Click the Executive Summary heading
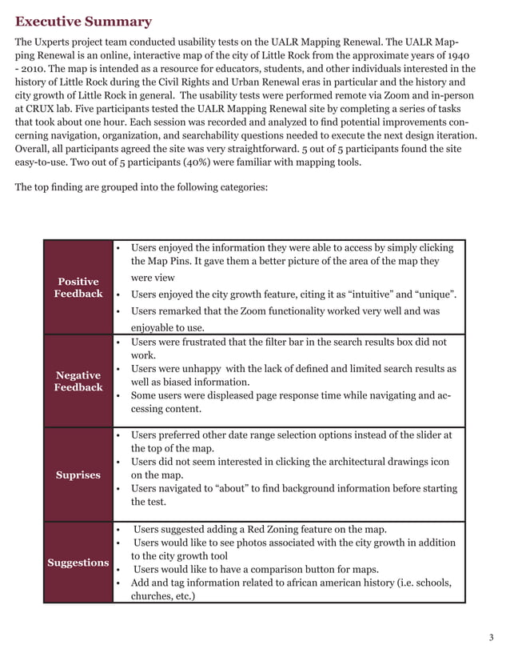[83, 22]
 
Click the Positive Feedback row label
[78, 287]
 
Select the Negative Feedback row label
[78, 381]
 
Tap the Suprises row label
[78, 475]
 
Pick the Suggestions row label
[78, 563]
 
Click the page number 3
[491, 637]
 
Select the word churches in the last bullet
[152, 595]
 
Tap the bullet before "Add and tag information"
[118, 583]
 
